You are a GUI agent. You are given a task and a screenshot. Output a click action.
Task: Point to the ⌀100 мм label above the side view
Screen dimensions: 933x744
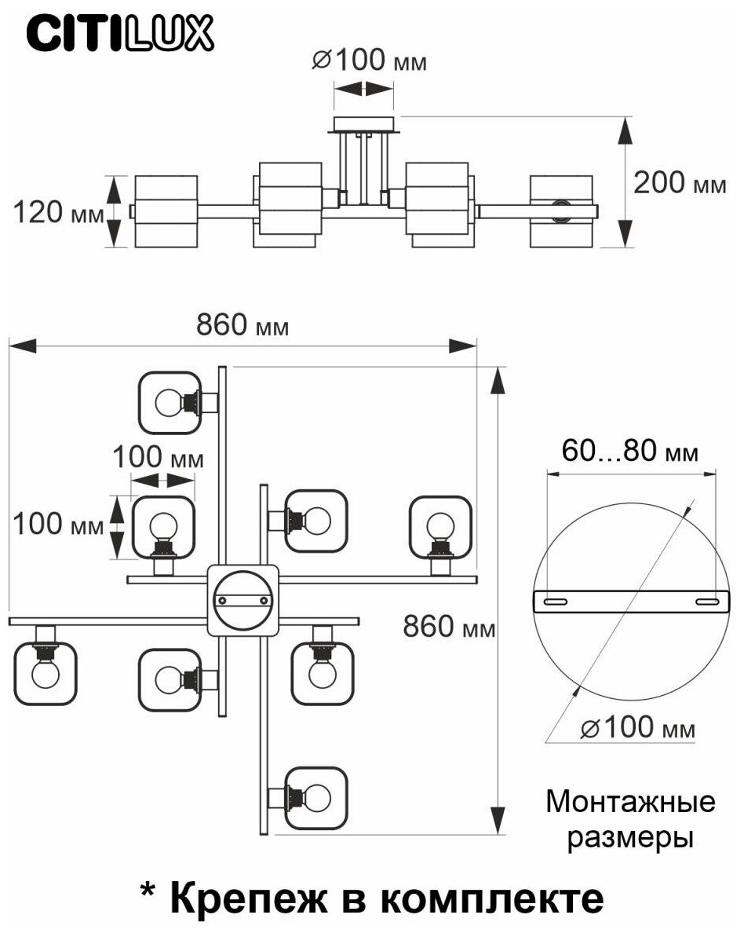[x=369, y=61]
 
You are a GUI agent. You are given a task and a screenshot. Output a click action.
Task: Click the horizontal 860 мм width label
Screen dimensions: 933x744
[x=242, y=324]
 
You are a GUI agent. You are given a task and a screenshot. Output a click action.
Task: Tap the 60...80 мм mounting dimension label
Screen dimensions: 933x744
[x=630, y=452]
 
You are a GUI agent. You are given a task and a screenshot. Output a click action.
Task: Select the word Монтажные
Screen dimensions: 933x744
[x=630, y=802]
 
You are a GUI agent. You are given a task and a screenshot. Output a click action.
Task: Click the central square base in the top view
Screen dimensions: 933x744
[x=243, y=599]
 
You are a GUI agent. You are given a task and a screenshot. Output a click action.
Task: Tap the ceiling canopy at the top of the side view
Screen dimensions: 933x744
[x=366, y=124]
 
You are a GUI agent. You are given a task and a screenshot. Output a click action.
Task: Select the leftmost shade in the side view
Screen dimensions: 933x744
[x=165, y=211]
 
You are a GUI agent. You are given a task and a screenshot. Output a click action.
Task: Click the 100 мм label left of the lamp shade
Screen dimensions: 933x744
[x=59, y=524]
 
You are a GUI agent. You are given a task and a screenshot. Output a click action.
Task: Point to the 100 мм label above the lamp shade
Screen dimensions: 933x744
[x=157, y=457]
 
